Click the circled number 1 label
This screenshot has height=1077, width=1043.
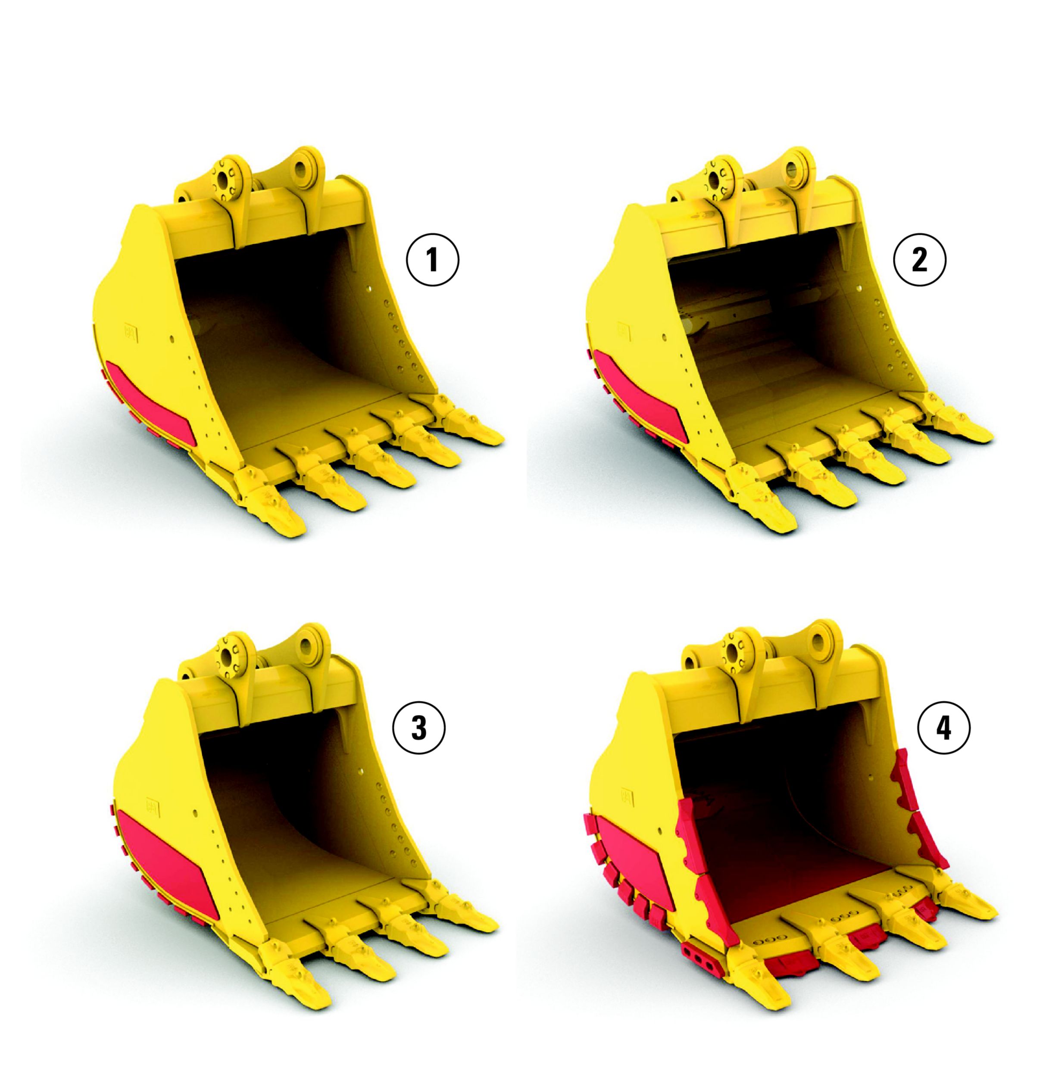(x=432, y=259)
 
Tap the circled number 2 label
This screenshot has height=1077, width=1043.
(x=919, y=259)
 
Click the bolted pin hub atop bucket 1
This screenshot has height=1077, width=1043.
(x=227, y=179)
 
